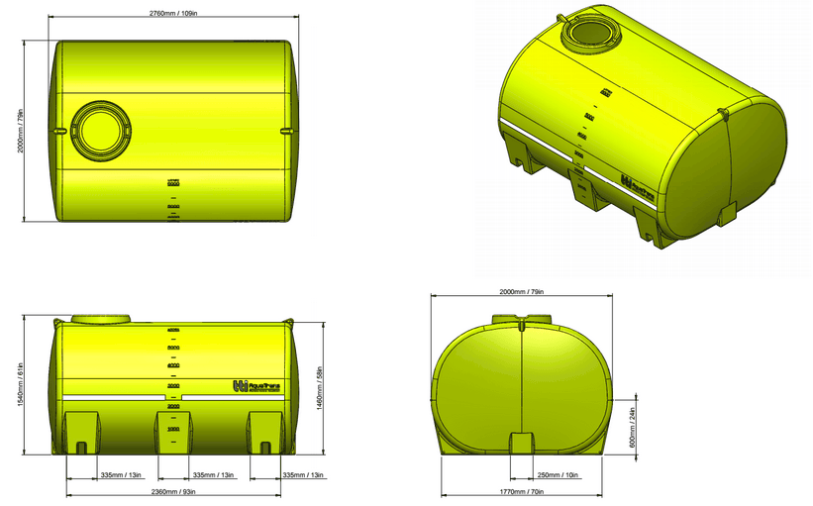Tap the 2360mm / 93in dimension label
(174, 492)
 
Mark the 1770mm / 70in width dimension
(522, 492)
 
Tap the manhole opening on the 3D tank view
(591, 35)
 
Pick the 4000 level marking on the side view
(173, 365)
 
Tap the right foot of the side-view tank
(263, 434)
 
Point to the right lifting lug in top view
(286, 130)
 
